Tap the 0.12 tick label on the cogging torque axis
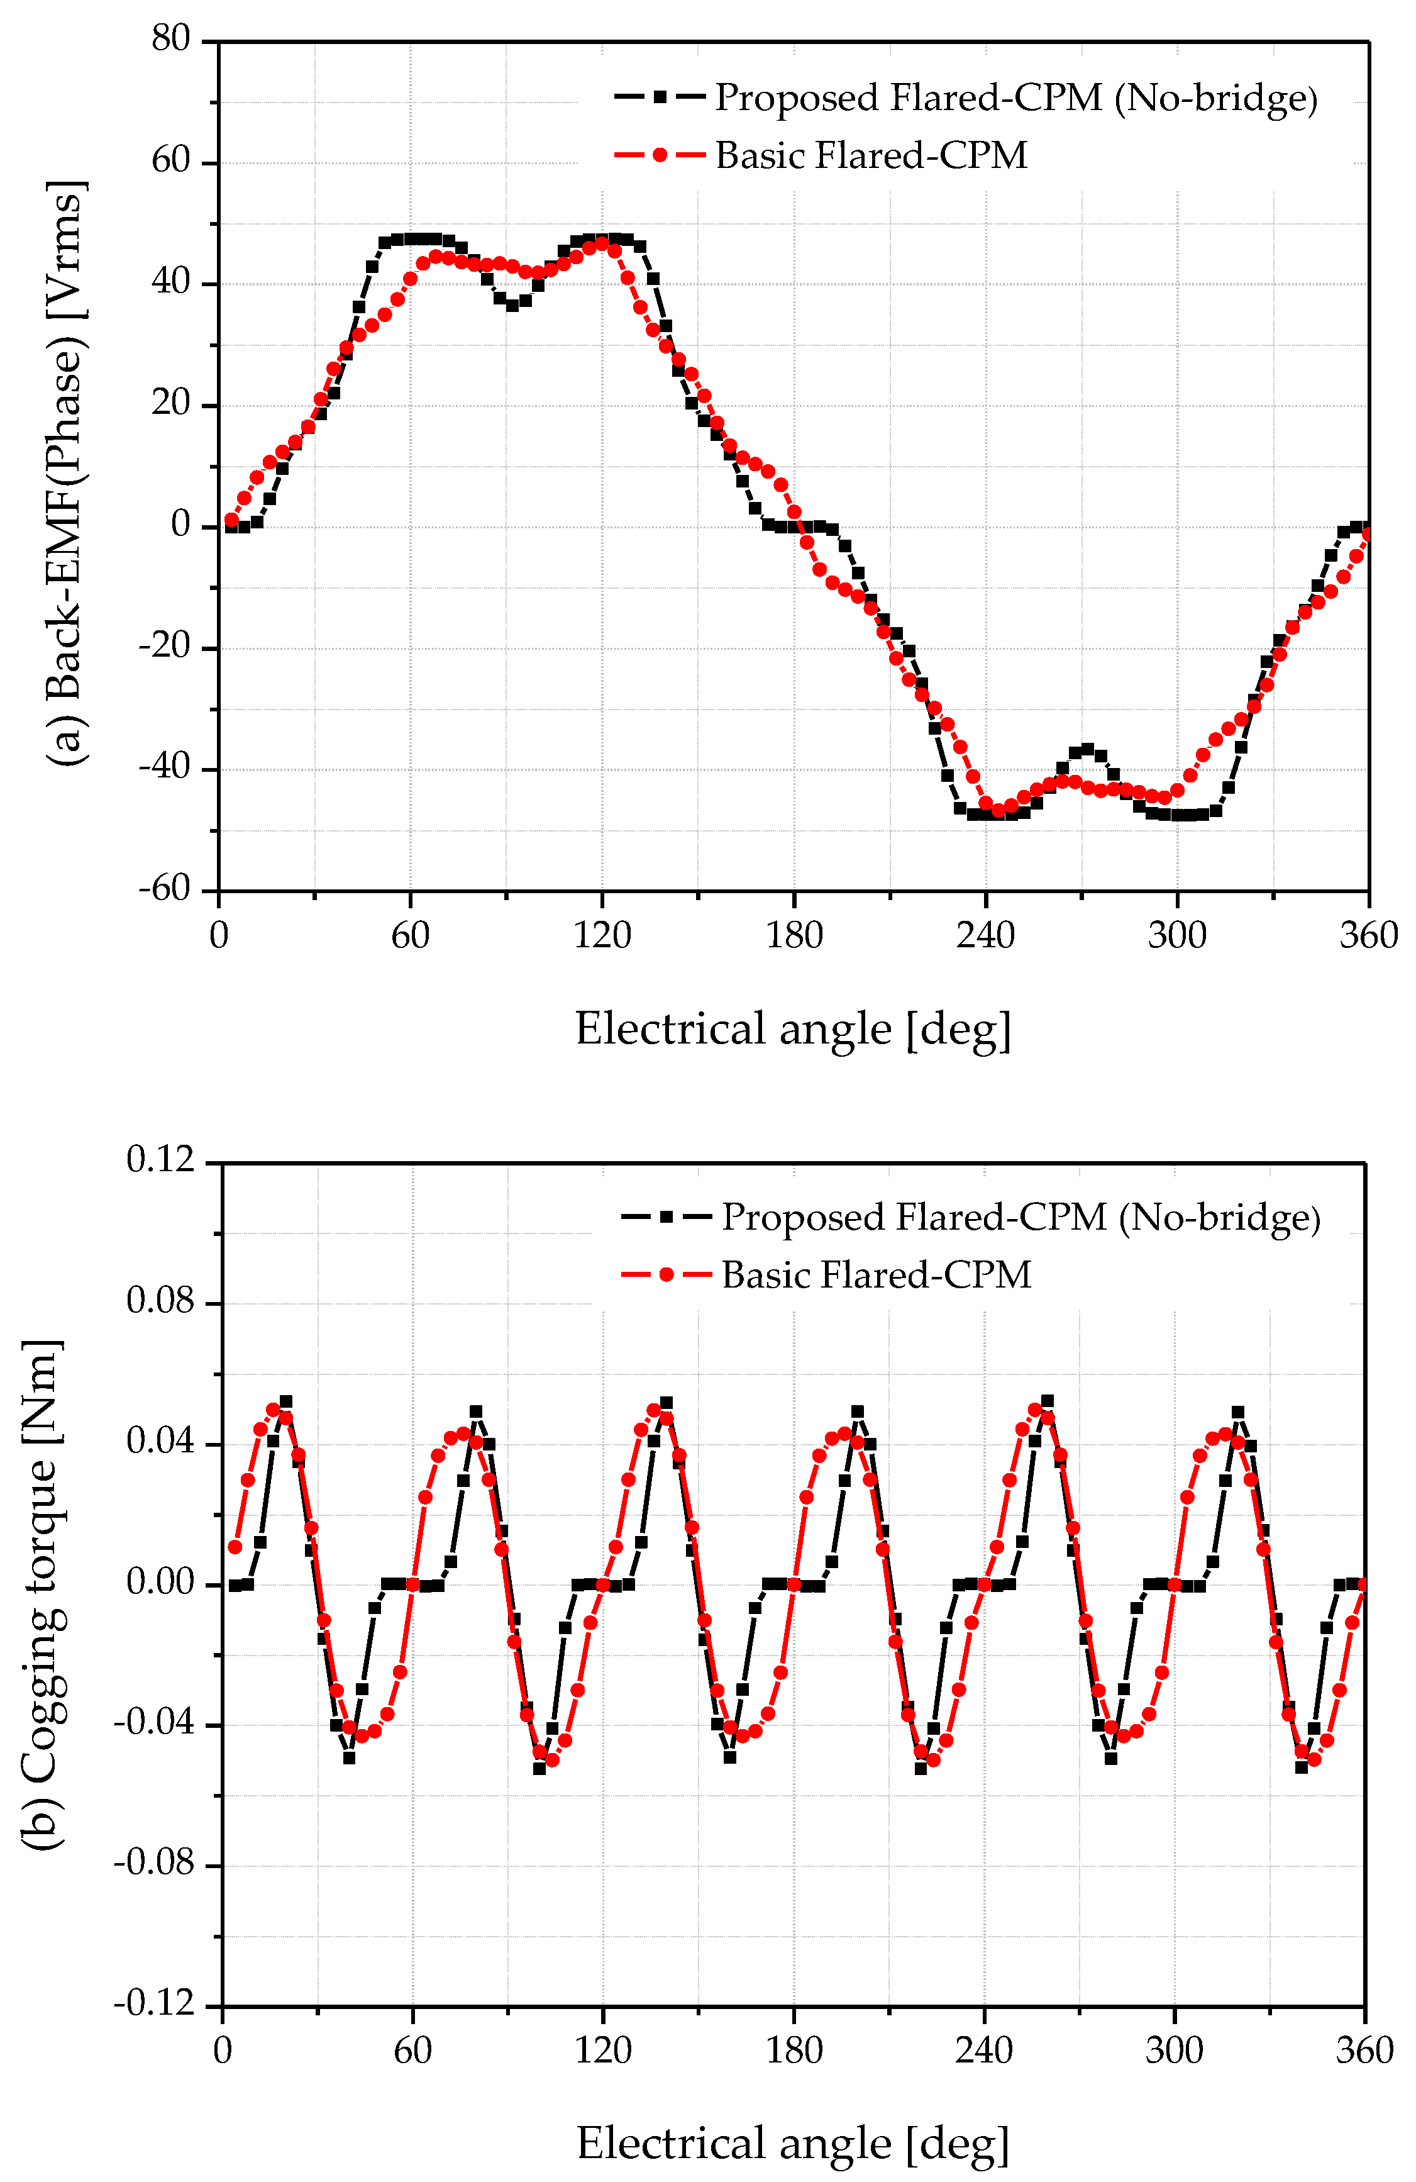(162, 1161)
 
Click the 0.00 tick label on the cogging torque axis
(162, 1583)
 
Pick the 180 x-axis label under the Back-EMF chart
(794, 936)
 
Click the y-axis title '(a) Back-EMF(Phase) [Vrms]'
(66, 472)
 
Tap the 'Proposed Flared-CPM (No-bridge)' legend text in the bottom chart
(1021, 1218)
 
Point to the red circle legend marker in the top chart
(660, 155)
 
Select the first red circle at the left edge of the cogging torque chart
(235, 1547)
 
